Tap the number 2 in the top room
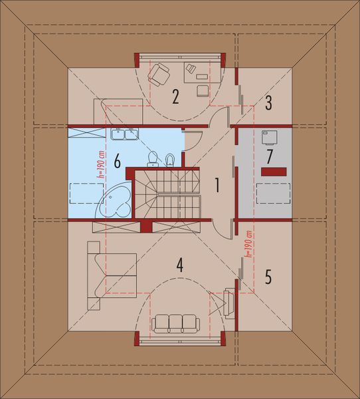click(x=175, y=97)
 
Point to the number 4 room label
click(x=179, y=265)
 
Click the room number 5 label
click(x=268, y=277)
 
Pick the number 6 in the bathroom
click(x=116, y=161)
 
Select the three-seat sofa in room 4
click(x=175, y=323)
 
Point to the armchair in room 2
click(x=160, y=73)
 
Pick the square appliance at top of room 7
click(x=270, y=136)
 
